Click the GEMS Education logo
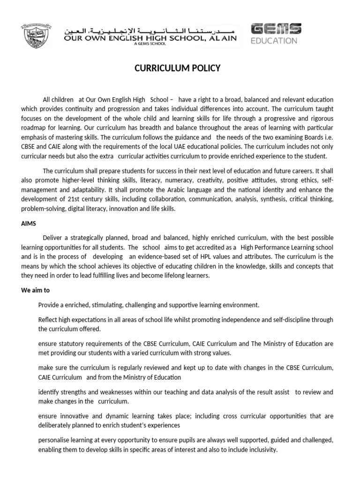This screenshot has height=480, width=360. point(276,34)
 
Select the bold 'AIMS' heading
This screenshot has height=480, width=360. point(29,224)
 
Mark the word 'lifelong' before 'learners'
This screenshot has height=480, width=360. point(169,276)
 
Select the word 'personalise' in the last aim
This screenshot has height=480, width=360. point(54,440)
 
